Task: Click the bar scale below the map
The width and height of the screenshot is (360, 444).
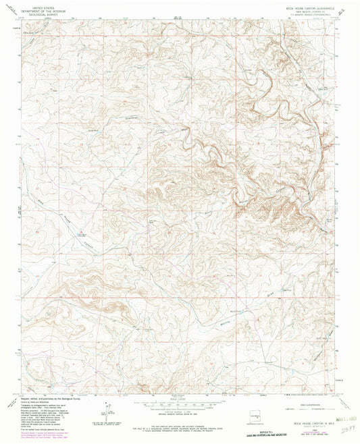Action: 180,406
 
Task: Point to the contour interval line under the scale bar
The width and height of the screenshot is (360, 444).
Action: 180,413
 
